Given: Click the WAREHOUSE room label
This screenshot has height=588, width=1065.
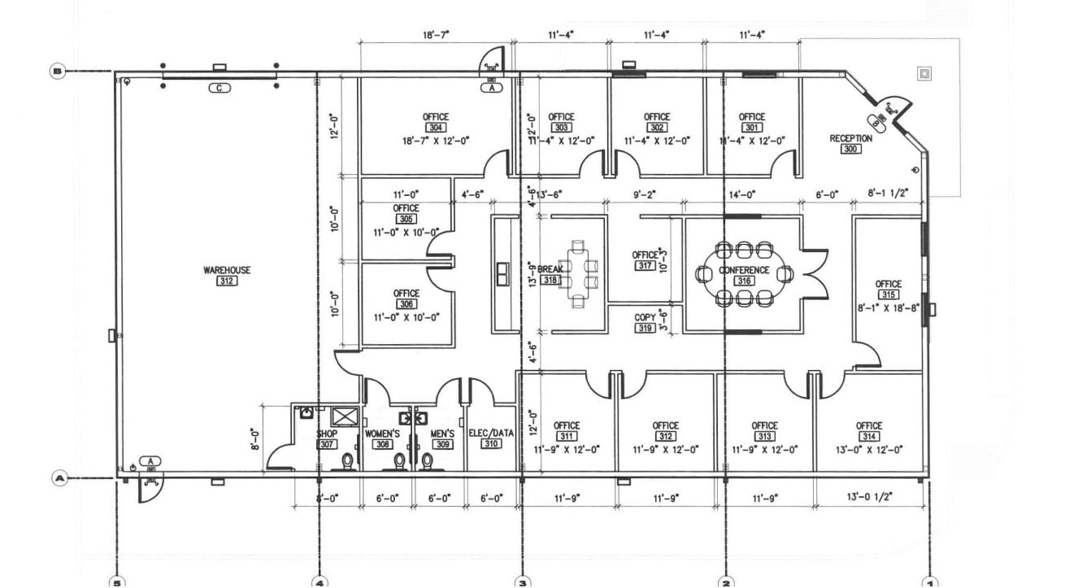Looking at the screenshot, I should pos(227,270).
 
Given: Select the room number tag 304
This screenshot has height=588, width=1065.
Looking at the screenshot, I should pos(436,128).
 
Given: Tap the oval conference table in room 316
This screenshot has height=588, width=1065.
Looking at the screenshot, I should pos(743,274).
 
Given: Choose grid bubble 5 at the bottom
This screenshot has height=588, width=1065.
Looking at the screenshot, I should pos(118,581).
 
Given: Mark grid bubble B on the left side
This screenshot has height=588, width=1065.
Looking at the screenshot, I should pos(57,72).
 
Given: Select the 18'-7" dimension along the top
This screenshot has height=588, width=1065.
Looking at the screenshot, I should pos(436,35).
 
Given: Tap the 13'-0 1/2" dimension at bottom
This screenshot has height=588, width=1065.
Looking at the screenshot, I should pos(870,498).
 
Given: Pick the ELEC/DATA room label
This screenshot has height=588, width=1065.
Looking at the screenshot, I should pos(491,433).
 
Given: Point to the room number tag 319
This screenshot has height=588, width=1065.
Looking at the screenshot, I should pos(645,329).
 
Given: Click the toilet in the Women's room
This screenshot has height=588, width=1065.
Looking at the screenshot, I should pos(399,462).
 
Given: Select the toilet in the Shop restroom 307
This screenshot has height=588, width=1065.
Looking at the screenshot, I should pos(347,462).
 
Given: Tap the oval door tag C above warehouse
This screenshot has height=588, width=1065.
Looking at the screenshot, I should pos(218,87).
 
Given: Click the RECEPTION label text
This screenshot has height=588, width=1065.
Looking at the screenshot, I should pos(850,138).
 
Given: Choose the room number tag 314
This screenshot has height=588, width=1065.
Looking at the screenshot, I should pos(868,437).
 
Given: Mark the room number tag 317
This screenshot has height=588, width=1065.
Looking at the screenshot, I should pos(646,266).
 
